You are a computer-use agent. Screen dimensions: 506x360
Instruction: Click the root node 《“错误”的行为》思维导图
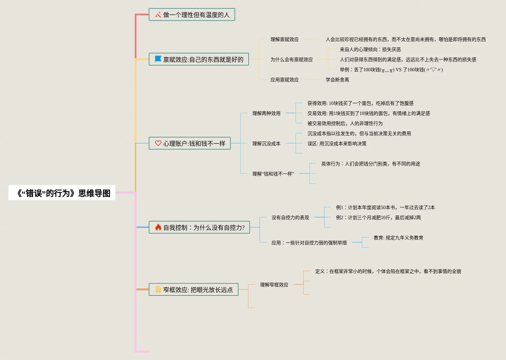(62, 193)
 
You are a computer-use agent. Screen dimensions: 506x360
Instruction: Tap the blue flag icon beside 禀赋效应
(158, 59)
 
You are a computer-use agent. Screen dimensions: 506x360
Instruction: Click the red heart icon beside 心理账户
(158, 143)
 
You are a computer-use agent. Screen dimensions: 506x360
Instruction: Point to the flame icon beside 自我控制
(158, 228)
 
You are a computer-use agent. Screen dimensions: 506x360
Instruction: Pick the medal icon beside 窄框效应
(158, 289)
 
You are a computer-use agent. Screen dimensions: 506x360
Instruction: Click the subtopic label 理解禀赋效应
(284, 39)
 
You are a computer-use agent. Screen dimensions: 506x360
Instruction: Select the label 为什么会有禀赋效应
(291, 59)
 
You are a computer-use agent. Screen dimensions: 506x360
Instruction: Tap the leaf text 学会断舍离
(337, 80)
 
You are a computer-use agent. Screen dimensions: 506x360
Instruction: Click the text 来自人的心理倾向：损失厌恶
(370, 49)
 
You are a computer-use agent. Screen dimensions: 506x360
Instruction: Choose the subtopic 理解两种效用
(266, 113)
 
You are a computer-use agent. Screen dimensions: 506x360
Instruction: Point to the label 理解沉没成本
(266, 144)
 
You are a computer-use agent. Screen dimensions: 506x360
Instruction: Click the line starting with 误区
(337, 144)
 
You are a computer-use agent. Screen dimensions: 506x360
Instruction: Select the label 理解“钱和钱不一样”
(273, 174)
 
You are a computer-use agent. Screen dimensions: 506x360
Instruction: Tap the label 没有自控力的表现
(290, 217)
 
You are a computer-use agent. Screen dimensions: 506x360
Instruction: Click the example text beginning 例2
(378, 217)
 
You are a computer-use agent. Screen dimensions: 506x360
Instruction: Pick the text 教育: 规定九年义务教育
(398, 238)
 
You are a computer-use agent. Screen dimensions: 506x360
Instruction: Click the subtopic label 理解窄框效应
(274, 285)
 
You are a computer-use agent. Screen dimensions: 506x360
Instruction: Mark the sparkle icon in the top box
(158, 15)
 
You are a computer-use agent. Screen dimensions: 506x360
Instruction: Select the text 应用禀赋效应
(284, 80)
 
